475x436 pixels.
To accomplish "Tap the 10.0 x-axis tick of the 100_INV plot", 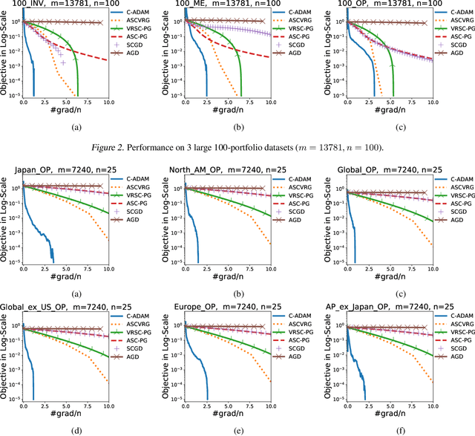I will pos(108,101).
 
